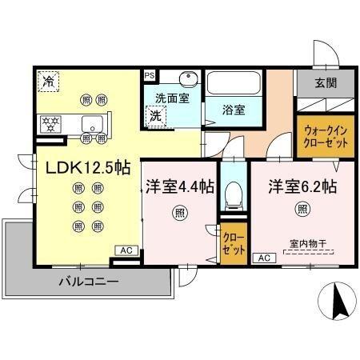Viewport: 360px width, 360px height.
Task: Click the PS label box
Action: pos(150,75)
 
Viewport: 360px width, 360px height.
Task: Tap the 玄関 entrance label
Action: pos(326,83)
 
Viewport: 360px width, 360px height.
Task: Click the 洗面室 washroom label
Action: pos(170,98)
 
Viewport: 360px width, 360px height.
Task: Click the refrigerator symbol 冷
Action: pos(48,81)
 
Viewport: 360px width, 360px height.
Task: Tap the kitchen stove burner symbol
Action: pos(50,124)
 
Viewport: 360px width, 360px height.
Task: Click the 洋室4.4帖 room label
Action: pos(179,186)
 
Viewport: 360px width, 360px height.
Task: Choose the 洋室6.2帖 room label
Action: pos(302,186)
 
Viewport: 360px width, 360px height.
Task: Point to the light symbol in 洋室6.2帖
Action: pos(302,210)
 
